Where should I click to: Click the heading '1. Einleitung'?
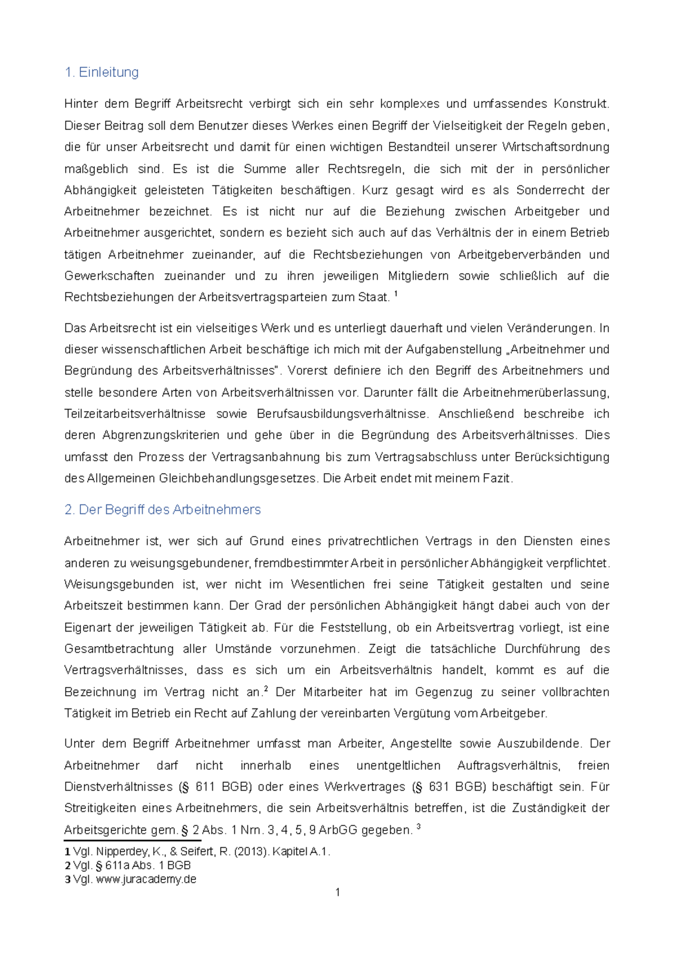(x=102, y=72)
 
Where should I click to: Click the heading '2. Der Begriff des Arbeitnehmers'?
(x=162, y=510)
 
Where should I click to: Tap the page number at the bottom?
(x=337, y=892)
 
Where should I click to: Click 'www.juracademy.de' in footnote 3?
(x=146, y=879)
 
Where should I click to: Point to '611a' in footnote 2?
(x=117, y=866)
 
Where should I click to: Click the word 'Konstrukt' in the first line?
(x=580, y=104)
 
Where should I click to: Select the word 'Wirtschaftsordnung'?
(x=555, y=147)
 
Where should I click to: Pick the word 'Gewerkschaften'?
(x=109, y=276)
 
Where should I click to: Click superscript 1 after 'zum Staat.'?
(x=397, y=294)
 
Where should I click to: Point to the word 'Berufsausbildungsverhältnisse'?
(x=342, y=414)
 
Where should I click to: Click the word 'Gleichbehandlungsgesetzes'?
(x=238, y=479)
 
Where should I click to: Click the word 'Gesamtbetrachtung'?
(x=119, y=649)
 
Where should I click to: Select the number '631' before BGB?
(x=438, y=787)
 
